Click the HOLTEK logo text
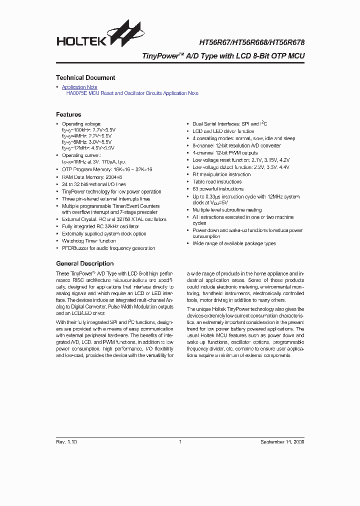tap(81, 41)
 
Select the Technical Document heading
tap(85, 78)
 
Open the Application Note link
tap(79, 87)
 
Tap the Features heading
tap(68, 114)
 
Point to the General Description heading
tap(84, 263)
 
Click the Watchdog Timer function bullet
tap(88, 241)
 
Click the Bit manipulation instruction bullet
tap(221, 174)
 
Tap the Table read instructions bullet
tap(217, 181)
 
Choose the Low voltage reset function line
tap(240, 160)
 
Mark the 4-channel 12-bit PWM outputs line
tap(225, 153)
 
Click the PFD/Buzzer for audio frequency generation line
tap(108, 248)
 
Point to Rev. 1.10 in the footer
tap(66, 442)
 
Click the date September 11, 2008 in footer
tap(282, 442)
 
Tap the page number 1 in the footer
tap(180, 442)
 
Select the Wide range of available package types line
tap(234, 243)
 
